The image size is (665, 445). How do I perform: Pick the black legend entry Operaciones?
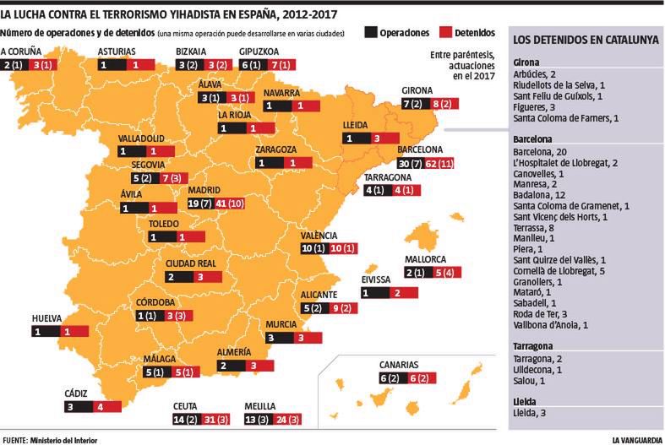(x=393, y=32)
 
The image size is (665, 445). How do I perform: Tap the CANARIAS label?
(x=398, y=365)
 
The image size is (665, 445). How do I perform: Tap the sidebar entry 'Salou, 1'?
(x=529, y=381)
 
